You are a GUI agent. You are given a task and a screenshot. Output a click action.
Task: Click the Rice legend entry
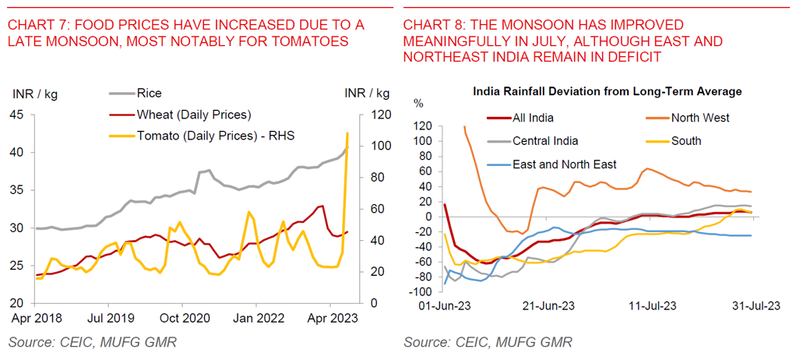point(149,94)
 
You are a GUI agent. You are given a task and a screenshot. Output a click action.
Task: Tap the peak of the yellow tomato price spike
point(347,133)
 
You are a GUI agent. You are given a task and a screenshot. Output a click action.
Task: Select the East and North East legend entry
point(564,164)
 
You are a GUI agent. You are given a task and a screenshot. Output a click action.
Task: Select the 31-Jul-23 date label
point(755,306)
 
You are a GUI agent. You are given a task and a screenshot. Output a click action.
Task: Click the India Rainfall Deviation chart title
point(608,92)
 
